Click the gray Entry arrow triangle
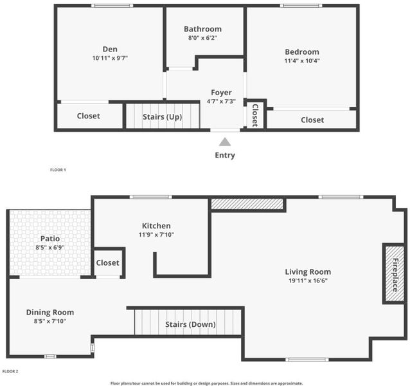click(225, 142)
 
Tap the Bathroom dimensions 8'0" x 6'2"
click(202, 38)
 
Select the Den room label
click(110, 49)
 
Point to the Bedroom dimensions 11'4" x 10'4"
click(302, 60)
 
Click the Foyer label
click(221, 93)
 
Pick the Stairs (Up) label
click(163, 116)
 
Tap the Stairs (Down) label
click(190, 324)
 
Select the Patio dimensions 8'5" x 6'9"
click(50, 247)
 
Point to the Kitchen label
click(156, 226)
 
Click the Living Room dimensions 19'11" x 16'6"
click(308, 280)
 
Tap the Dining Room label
click(50, 312)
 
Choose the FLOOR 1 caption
click(58, 170)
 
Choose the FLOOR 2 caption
click(10, 371)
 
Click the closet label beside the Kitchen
click(107, 262)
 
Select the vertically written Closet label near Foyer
click(255, 115)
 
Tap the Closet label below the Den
click(89, 116)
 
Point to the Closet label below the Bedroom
click(312, 120)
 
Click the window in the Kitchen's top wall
click(151, 197)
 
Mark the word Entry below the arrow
click(225, 155)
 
